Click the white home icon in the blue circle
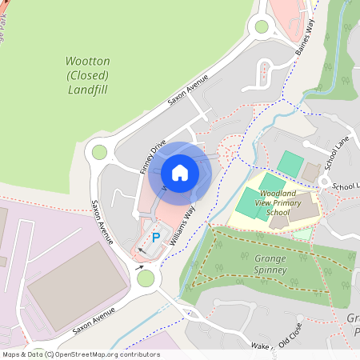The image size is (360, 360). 180,172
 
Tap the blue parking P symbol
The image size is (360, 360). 156,238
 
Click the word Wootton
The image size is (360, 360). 87,62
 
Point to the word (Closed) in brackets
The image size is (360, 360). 87,75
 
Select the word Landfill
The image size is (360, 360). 87,90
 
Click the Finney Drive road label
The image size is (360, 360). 153,156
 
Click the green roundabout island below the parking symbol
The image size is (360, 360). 146,278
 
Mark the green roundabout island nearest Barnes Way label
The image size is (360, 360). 262,27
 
